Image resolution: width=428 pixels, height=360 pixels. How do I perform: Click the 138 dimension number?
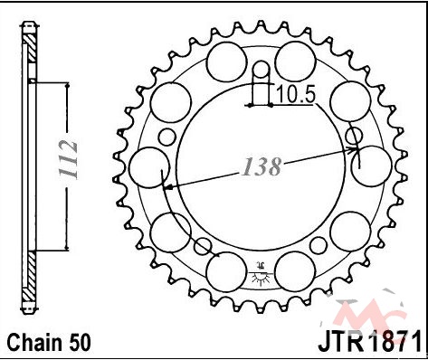[262, 166]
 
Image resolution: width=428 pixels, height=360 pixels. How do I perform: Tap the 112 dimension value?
[69, 159]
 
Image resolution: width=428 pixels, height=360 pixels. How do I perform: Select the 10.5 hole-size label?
[296, 94]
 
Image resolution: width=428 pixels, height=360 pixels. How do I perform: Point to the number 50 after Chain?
[78, 342]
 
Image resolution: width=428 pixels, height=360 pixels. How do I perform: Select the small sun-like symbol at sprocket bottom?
[261, 273]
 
